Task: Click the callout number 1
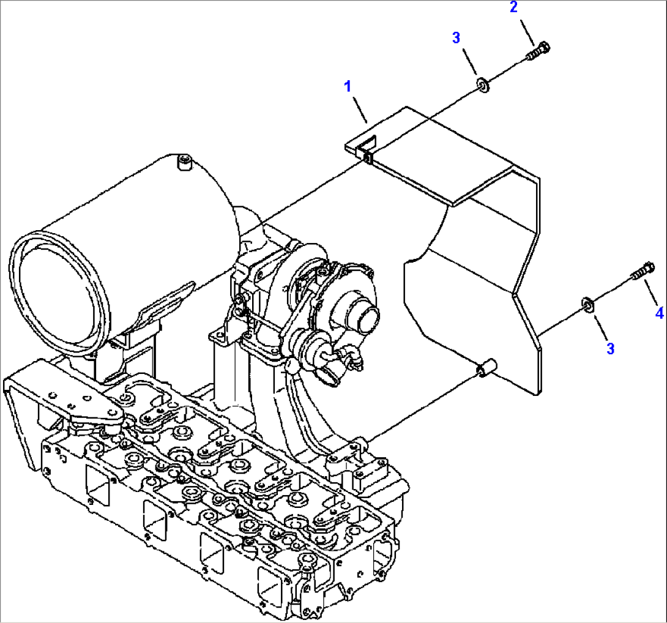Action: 348,86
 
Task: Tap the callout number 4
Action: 658,313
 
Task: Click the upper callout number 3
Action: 456,38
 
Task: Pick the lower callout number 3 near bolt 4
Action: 610,348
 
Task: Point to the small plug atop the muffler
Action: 183,162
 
